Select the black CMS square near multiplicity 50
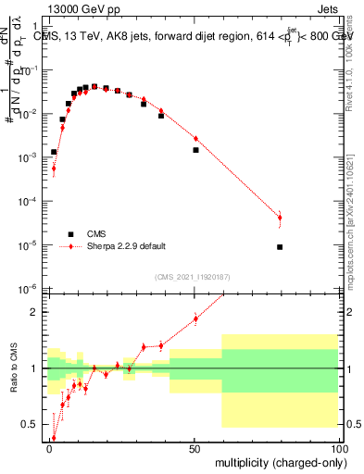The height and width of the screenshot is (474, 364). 195,150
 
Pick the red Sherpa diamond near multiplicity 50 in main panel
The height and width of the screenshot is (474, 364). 195,139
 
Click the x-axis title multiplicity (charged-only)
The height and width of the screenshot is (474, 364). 277,461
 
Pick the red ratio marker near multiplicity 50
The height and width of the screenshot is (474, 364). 195,319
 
